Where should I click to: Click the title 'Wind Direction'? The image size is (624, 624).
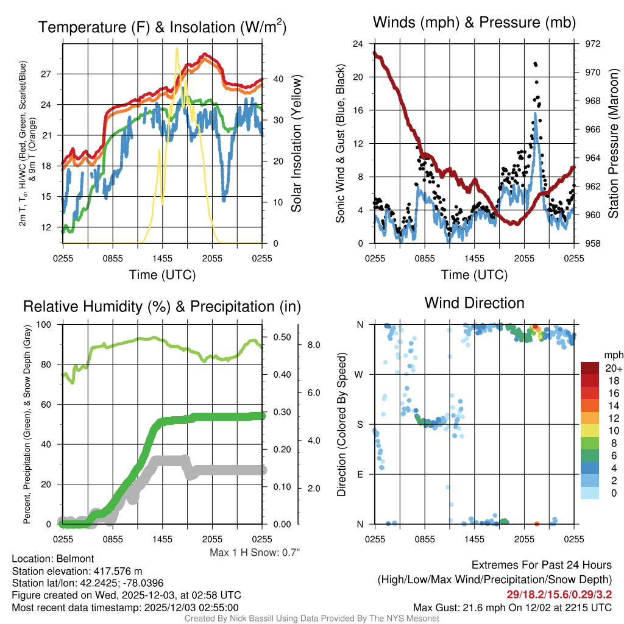coord(474,303)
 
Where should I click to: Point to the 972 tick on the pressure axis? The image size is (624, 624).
coord(584,44)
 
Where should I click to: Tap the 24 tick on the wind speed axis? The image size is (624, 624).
coord(358,44)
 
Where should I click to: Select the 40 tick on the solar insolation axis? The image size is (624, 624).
coord(277,79)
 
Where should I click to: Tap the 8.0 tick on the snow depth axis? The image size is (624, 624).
coord(314,345)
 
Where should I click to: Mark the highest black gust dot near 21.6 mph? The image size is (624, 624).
coord(534,63)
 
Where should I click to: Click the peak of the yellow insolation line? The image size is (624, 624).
coord(177,48)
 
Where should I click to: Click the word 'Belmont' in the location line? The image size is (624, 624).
coord(74,558)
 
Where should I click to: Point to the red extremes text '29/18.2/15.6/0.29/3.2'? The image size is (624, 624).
coord(559,594)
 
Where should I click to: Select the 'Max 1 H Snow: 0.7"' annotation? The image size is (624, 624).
coord(255,552)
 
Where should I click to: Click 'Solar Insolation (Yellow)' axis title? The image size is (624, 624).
coord(297,144)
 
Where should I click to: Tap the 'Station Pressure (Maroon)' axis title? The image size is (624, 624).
coord(614,144)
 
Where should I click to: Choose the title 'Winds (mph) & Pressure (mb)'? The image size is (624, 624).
coord(474,23)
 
